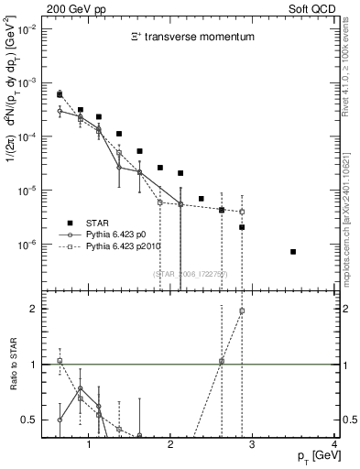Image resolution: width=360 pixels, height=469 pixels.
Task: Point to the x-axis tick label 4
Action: click(334, 444)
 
